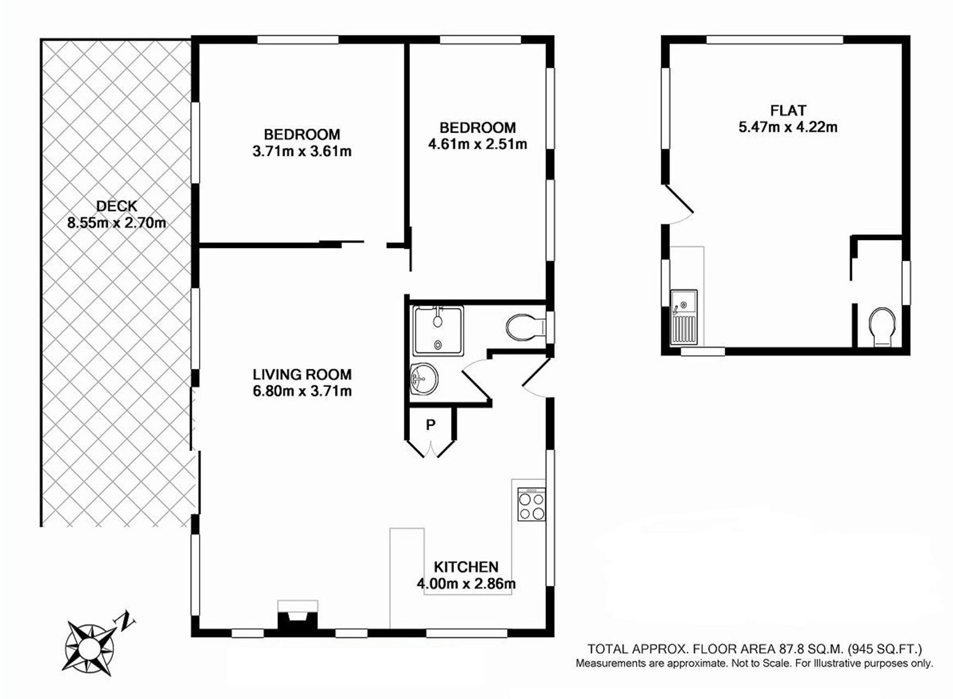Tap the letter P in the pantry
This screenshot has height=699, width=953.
[x=430, y=425]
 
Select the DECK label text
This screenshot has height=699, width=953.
[x=117, y=206]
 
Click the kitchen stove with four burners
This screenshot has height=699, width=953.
[x=532, y=504]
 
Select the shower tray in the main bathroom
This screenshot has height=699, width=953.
[x=438, y=330]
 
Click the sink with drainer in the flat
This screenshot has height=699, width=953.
[x=683, y=317]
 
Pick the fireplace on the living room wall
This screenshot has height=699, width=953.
[x=297, y=617]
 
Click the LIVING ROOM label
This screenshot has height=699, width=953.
[x=302, y=374]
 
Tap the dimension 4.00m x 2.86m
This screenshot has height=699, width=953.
[x=466, y=584]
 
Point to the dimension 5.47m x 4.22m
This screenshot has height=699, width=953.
[x=788, y=127]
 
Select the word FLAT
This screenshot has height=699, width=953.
[x=788, y=110]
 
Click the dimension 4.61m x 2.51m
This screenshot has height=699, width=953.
[x=477, y=144]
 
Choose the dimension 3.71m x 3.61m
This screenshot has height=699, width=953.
[x=302, y=151]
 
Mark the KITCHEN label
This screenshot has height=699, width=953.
[x=466, y=567]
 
